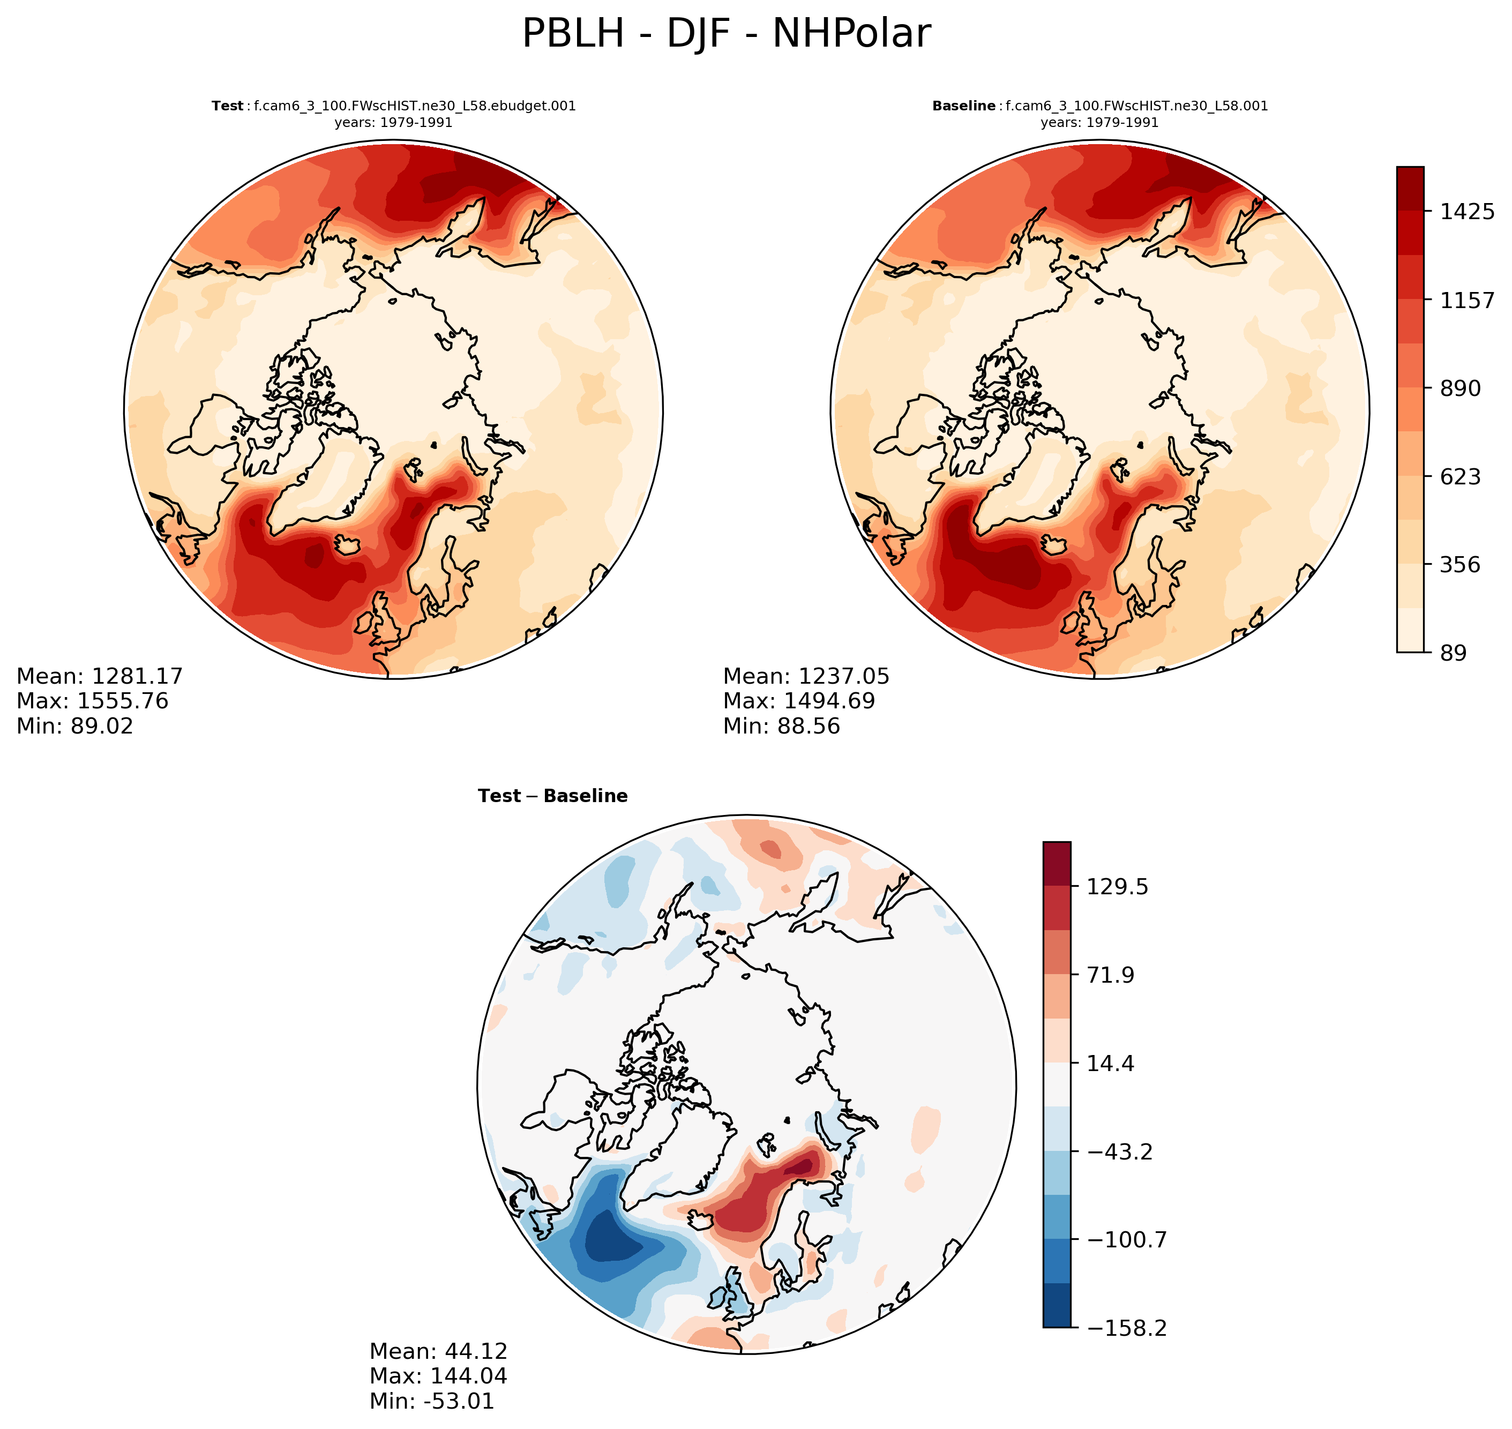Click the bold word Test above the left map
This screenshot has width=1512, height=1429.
[227, 106]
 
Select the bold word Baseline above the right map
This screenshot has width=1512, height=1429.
[963, 106]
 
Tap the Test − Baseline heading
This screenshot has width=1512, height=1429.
[552, 796]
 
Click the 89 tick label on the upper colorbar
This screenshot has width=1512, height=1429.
[1453, 653]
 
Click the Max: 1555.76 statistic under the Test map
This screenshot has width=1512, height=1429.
[92, 701]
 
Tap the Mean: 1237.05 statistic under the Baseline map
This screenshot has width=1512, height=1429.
[806, 676]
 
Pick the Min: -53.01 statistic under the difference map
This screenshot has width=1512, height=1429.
[431, 1400]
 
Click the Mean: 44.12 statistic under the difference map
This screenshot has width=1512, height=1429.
[438, 1351]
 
